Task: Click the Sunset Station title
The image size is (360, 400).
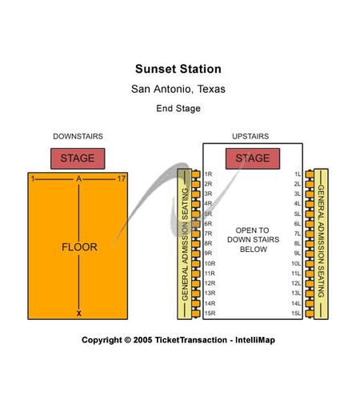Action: coord(178,69)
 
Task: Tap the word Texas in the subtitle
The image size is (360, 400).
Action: coord(211,89)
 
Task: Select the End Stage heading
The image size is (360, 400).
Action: coord(178,109)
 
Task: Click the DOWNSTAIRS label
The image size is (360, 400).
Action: coord(78,136)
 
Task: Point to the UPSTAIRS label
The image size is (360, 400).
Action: coord(250,136)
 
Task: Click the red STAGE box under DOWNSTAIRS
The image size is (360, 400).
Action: coord(78,158)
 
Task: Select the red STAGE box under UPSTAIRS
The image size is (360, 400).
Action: coord(253,158)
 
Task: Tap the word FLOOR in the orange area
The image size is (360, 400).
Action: coord(79,247)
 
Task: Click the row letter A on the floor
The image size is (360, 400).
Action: coord(78,178)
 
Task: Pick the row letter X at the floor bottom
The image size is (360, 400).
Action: coord(78,313)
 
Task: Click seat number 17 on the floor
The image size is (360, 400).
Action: coord(122,178)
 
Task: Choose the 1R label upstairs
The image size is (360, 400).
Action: coord(208,174)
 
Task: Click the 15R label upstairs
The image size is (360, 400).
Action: coord(210,314)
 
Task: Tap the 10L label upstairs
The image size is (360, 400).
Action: coord(296,263)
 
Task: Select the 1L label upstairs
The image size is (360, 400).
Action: coord(298,174)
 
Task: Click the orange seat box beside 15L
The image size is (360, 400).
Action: coord(310,314)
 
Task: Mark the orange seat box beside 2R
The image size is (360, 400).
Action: coord(196,184)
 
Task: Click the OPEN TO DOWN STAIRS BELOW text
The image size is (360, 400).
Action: coord(253,240)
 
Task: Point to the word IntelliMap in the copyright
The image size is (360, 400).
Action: coord(255,340)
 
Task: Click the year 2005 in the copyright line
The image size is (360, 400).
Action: coord(143,340)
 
